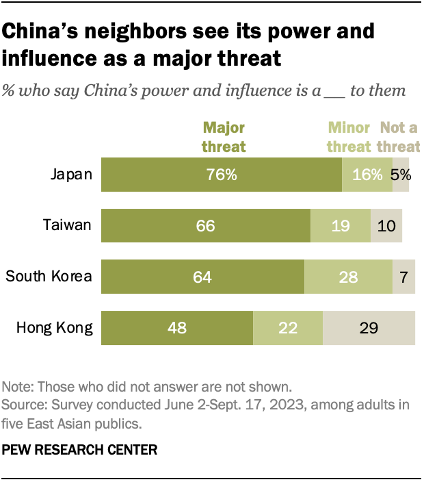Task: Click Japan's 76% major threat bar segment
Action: coord(222,174)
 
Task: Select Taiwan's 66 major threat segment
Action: coord(206,225)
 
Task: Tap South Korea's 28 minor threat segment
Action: coord(348,277)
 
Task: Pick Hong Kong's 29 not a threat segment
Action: coord(369,327)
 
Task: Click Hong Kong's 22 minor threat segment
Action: coord(288,327)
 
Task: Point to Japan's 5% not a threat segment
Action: coord(401,174)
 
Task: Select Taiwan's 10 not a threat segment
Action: coord(386,225)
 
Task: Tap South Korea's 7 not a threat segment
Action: coord(403,277)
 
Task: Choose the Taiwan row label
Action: coord(68,225)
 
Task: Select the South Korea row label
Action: coord(49,277)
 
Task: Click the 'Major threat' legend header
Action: coord(222,136)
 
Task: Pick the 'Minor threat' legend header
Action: coord(350,136)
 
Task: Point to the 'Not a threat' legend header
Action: coord(400,136)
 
